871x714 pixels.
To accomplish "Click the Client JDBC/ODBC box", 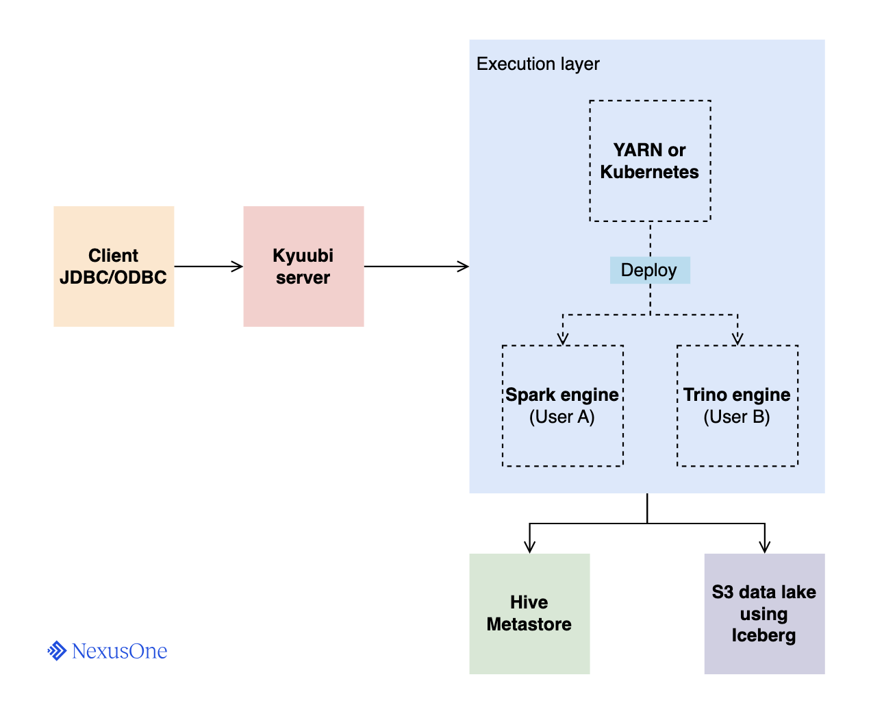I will tap(114, 266).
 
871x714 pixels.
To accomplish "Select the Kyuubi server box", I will tap(303, 266).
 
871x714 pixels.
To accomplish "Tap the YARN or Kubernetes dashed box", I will tap(650, 161).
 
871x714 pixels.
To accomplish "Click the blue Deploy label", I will tap(649, 270).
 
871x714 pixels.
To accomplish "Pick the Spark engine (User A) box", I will tap(562, 406).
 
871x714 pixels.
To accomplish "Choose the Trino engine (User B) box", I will tap(737, 406).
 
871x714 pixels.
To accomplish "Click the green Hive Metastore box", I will tap(529, 613).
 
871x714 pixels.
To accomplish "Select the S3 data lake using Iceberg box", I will tap(764, 613).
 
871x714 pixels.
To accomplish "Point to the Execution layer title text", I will tap(538, 64).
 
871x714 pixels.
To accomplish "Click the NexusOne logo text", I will tap(119, 651).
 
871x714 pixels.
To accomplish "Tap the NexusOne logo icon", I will tap(57, 651).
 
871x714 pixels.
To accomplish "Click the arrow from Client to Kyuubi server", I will tap(209, 267).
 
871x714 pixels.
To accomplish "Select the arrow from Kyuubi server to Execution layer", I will tap(416, 267).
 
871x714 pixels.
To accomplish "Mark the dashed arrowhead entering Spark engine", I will tap(563, 339).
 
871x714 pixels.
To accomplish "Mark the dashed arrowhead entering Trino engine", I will tap(737, 339).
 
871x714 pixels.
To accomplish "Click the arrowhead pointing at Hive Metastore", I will tap(529, 547).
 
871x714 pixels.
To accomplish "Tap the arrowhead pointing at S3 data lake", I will tap(765, 547).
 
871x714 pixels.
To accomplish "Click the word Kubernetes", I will tap(649, 172).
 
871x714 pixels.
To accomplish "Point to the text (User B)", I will tap(737, 417).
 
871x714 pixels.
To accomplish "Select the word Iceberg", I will tap(763, 635).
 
